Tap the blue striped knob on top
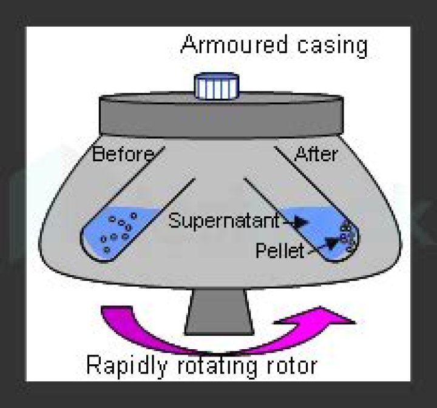point(217,87)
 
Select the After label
point(316,155)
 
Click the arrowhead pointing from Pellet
point(330,244)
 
